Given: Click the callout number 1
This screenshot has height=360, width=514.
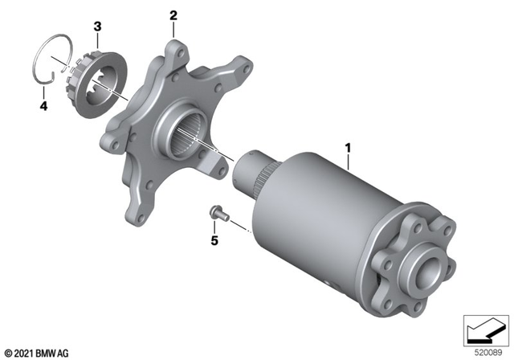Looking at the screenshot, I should point(348,148).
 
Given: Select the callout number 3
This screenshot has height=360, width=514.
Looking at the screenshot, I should point(97,27).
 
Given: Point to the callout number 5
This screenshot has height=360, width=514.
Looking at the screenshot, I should point(214,239).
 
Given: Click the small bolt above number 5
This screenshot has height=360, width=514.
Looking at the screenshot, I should point(216,213).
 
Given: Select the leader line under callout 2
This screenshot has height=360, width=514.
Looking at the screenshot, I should point(173,30).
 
